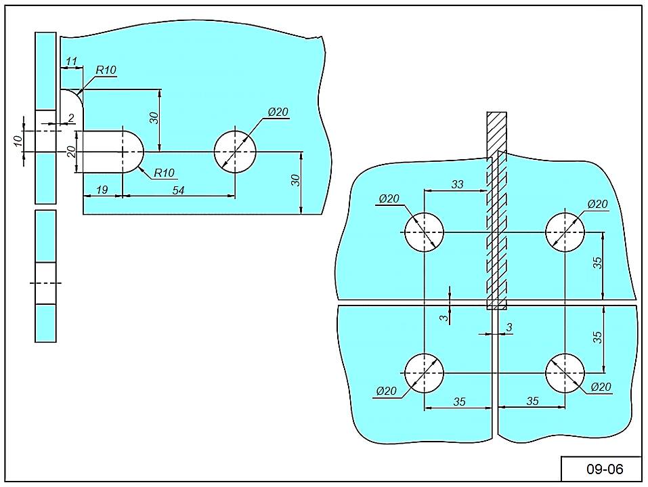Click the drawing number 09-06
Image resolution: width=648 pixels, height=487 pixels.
coord(604,469)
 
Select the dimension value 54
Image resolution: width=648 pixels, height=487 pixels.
coord(178,190)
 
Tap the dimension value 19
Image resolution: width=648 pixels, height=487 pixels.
coord(102,190)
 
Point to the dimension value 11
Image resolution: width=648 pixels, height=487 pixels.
coord(72,62)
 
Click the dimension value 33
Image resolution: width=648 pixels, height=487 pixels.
coord(457,184)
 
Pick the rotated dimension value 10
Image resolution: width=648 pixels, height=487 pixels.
coord(18,141)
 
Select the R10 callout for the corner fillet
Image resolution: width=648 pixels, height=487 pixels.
coord(106,70)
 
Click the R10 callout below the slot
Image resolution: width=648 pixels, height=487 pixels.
coord(164,173)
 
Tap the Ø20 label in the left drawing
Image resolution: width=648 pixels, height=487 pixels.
coord(278,112)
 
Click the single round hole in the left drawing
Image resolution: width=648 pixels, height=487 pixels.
coord(235,152)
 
